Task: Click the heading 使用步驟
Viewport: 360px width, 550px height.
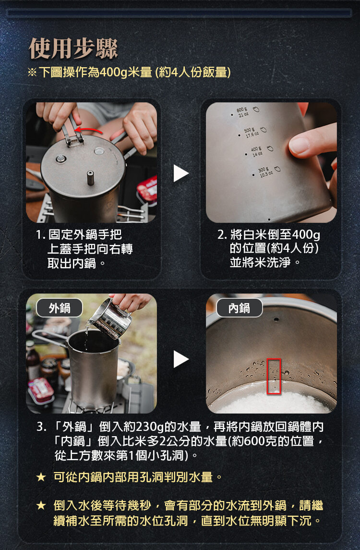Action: tap(73, 49)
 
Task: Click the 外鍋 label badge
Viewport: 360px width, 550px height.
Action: tap(60, 308)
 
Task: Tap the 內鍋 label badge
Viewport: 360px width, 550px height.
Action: tap(240, 308)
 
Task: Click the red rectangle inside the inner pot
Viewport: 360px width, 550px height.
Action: tap(274, 376)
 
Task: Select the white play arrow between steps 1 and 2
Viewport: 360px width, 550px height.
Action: tap(180, 173)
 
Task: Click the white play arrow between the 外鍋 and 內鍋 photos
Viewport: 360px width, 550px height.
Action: tap(180, 359)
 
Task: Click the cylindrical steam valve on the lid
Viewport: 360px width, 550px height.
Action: tap(90, 177)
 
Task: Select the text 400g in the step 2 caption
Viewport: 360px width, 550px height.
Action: tap(305, 234)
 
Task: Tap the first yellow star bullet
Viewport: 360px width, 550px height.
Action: tap(41, 477)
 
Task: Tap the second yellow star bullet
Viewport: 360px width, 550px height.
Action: tap(41, 505)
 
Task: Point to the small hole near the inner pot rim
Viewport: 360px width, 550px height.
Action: tap(276, 319)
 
